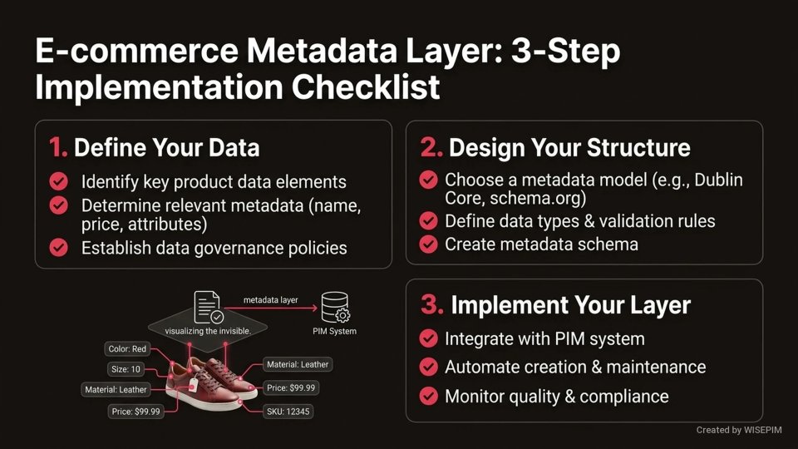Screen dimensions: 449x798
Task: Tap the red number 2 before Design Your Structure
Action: [x=431, y=148]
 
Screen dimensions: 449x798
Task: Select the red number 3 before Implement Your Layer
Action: [x=432, y=304]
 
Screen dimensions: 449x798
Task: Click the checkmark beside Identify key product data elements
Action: [x=59, y=181]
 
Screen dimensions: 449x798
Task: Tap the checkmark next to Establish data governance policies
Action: [x=59, y=248]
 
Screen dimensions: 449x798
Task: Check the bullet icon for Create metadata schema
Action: [x=428, y=244]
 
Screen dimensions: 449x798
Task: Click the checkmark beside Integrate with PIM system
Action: [x=428, y=338]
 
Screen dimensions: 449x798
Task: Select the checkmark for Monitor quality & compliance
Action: [x=428, y=396]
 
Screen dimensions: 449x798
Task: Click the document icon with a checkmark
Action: [x=208, y=307]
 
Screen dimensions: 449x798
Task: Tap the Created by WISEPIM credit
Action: [x=741, y=431]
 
